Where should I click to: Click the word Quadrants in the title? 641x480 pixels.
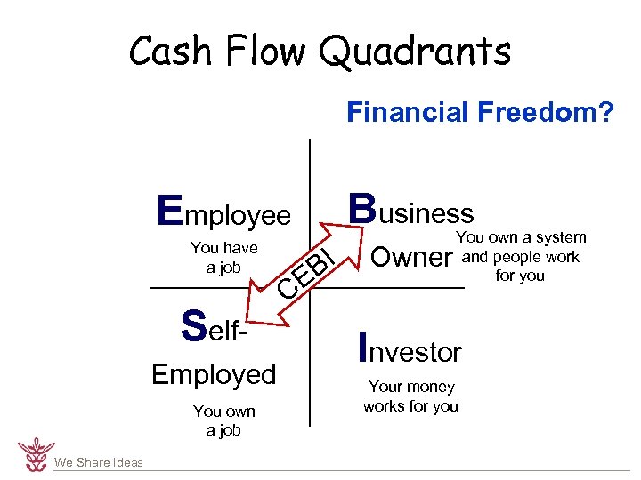click(x=415, y=52)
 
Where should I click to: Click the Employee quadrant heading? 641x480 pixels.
click(x=223, y=213)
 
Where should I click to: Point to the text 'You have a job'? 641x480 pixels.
click(x=223, y=258)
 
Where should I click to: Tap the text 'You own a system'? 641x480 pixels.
click(x=521, y=237)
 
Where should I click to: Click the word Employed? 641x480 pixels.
click(x=214, y=374)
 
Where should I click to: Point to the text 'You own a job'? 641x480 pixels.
click(x=223, y=420)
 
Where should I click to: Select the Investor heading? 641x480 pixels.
click(x=409, y=349)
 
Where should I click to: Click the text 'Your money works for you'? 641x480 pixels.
click(x=410, y=396)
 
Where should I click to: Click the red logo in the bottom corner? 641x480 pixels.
click(x=36, y=454)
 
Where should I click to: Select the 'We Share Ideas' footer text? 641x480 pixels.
click(x=98, y=462)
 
